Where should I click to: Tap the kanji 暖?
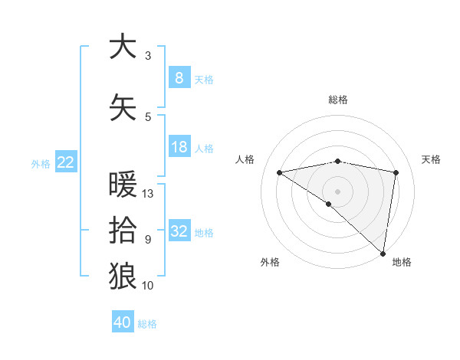pos(123,185)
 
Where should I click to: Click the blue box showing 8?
pos(179,78)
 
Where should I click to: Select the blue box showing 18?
pos(179,147)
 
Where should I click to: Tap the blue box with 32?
pos(179,232)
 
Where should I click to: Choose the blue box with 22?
pos(66,162)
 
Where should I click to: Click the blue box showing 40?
pos(123,322)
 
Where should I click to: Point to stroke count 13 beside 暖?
pos(149,194)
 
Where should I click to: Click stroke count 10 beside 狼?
pos(148,286)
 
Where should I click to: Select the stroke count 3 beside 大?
pos(148,56)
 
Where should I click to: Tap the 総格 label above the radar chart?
pos(338,100)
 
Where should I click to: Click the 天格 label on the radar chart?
pos(432,159)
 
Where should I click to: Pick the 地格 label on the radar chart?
pos(402,262)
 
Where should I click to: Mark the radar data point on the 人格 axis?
pos(280,172)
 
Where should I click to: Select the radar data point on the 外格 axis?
pos(329,204)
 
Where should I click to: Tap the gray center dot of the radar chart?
pos(337,191)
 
